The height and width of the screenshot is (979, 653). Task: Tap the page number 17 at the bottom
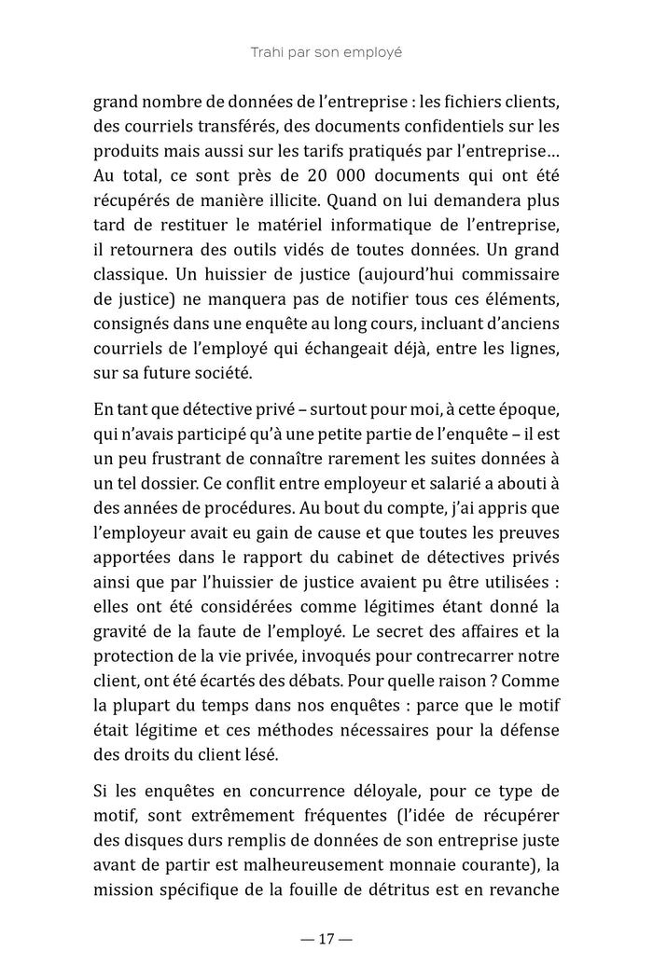326,939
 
